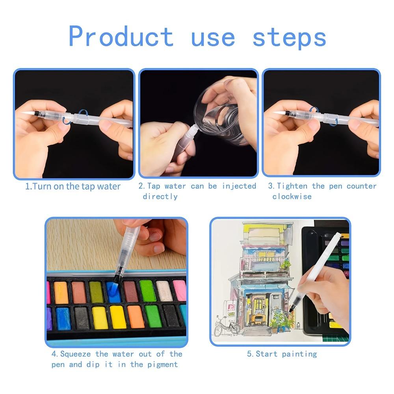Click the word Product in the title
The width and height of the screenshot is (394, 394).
point(121,37)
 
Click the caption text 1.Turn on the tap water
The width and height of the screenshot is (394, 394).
point(73,186)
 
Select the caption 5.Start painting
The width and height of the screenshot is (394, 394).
point(282,354)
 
